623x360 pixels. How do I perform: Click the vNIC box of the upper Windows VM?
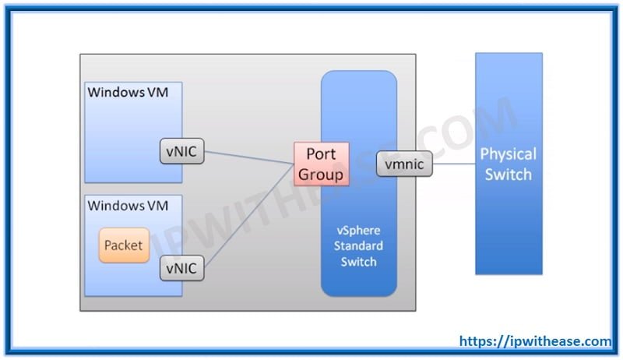tap(181, 153)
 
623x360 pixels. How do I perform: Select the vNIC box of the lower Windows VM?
tap(181, 269)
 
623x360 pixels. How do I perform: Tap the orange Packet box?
tap(124, 245)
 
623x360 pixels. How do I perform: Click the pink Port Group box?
tap(320, 164)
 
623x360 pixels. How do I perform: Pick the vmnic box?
tap(403, 164)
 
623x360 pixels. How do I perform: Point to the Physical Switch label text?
tap(508, 164)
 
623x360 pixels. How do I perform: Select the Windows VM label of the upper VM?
tap(128, 93)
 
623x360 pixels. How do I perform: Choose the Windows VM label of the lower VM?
tap(128, 206)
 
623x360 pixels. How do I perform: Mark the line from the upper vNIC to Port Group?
tap(249, 158)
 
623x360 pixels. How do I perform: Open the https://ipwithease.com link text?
tap(535, 341)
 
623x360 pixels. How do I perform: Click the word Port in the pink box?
tap(321, 154)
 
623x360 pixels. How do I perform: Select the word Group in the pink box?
tap(320, 174)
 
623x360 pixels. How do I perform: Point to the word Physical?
tap(508, 154)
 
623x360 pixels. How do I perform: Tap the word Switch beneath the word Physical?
tap(508, 174)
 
